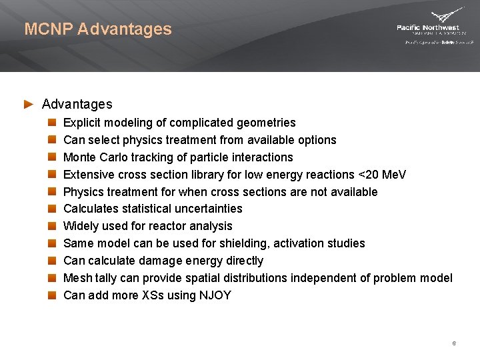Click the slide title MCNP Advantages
point(98,29)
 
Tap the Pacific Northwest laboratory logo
point(435,27)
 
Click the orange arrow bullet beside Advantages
point(28,104)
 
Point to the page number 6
point(453,343)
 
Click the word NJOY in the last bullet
point(215,295)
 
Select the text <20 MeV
point(382,175)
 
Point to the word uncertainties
point(208,209)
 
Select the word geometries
point(267,123)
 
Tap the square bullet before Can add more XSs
point(52,295)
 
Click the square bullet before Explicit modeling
point(52,123)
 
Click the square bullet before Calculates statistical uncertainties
point(52,209)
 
